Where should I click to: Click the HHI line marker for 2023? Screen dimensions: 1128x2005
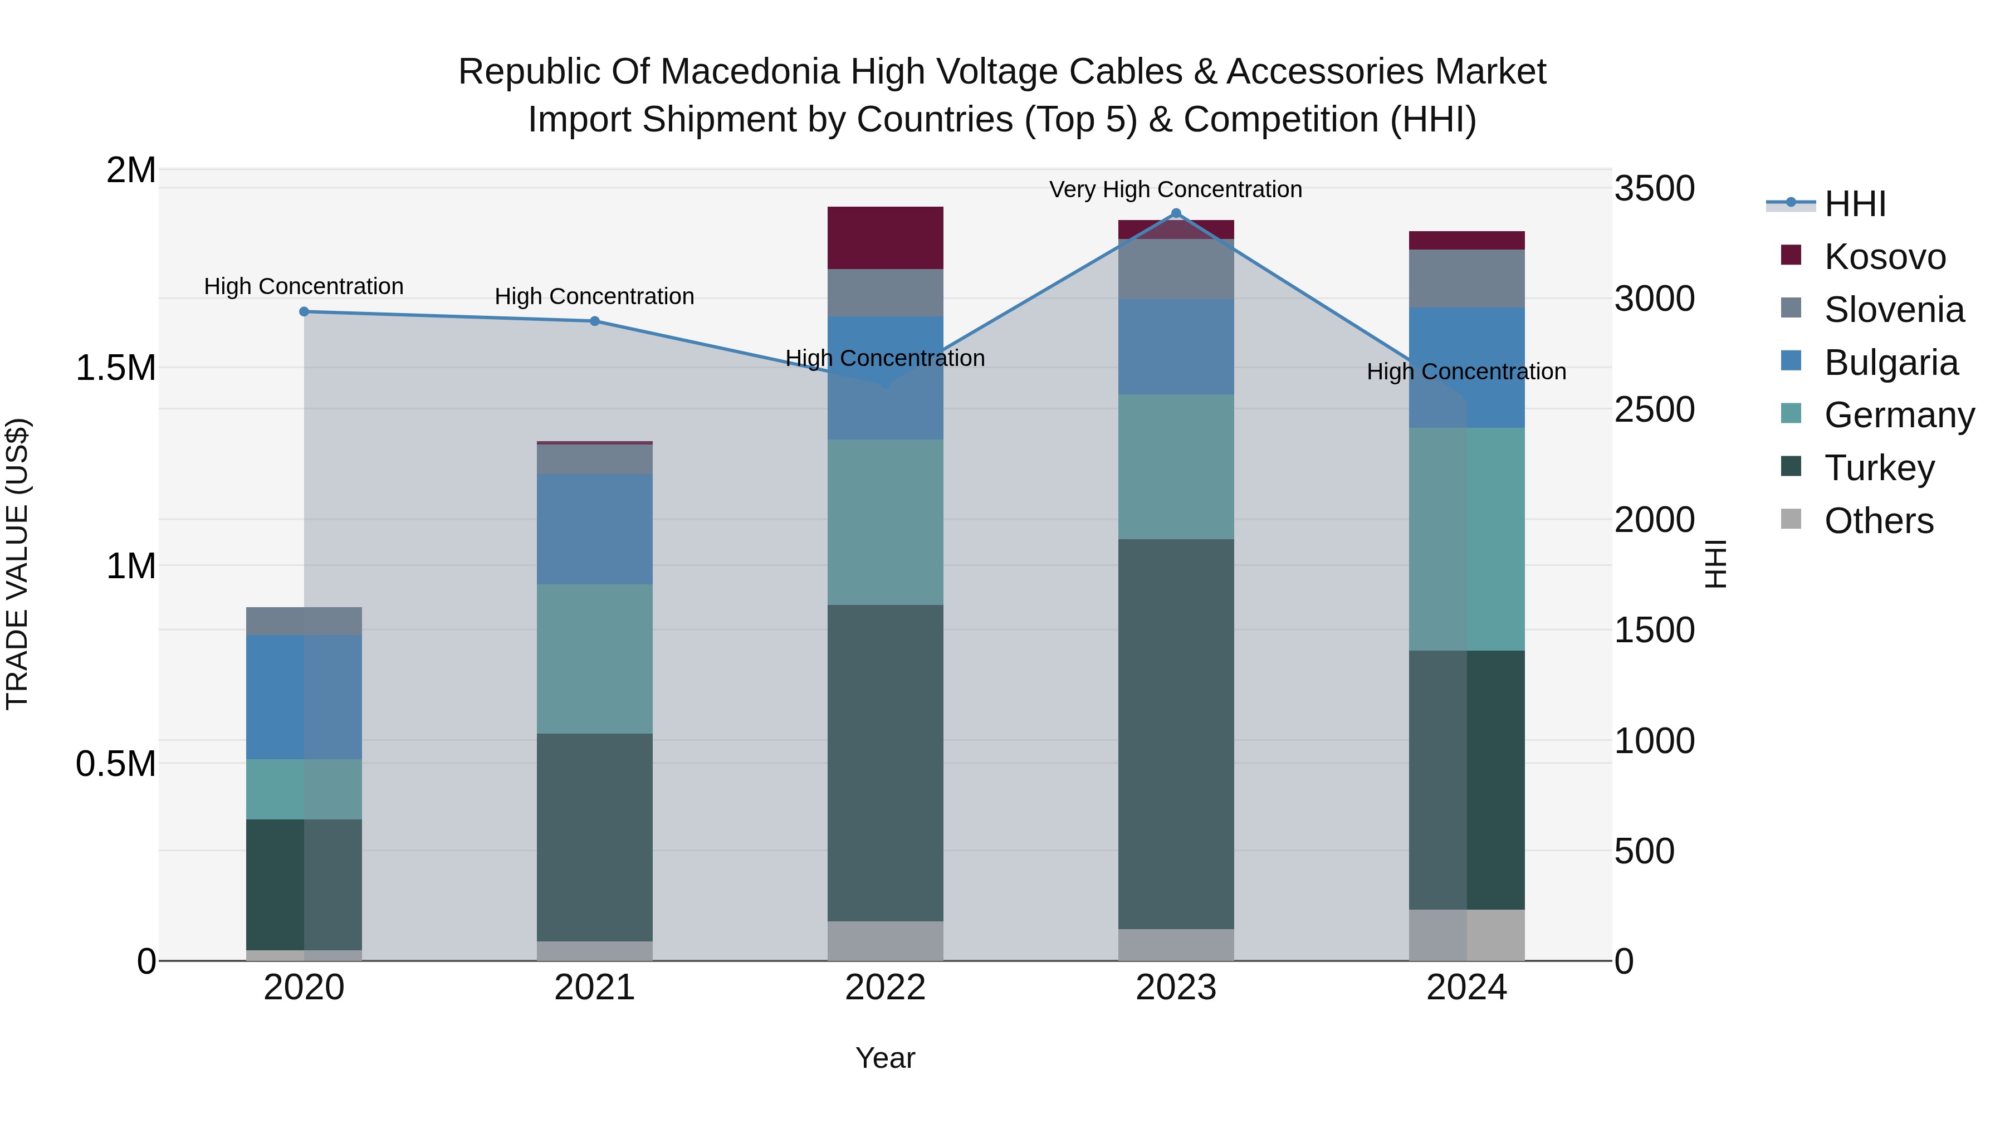click(x=1175, y=213)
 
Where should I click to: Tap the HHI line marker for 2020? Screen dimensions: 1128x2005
click(x=304, y=311)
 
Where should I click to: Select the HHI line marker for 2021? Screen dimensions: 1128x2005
click(x=595, y=321)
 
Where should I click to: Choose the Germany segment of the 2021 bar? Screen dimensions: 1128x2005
click(x=595, y=658)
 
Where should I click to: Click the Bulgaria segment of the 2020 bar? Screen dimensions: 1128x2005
click(x=304, y=697)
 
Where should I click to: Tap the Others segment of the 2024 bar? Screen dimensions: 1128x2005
click(x=1466, y=934)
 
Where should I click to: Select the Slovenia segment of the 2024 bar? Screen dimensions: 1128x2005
click(x=1466, y=278)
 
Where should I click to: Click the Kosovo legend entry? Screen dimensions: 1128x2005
click(x=1884, y=257)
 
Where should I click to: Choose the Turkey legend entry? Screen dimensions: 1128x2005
click(x=1879, y=468)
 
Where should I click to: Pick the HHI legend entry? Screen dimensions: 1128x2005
click(x=1854, y=204)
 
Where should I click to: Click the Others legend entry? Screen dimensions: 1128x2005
click(x=1878, y=521)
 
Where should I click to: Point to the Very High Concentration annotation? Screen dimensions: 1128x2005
click(x=1175, y=189)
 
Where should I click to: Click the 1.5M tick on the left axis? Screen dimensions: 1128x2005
click(x=116, y=368)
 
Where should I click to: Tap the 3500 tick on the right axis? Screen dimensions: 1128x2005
click(x=1654, y=188)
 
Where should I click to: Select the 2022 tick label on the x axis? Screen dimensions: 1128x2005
click(x=885, y=988)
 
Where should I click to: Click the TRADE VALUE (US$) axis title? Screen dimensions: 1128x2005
click(x=17, y=564)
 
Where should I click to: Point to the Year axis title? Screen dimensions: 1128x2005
click(x=885, y=1058)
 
